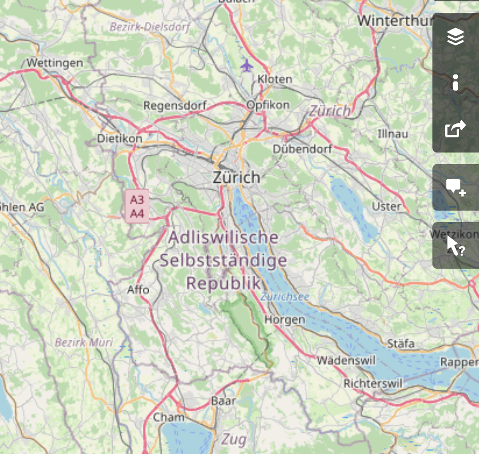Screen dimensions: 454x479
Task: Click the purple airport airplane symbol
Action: tap(247, 66)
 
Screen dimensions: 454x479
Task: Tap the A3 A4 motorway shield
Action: tap(137, 207)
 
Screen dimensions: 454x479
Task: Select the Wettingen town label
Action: tap(55, 63)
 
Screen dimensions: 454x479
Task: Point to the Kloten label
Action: tap(275, 79)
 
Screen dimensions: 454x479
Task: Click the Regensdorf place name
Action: tap(175, 106)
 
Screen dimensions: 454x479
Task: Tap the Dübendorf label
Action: tap(302, 149)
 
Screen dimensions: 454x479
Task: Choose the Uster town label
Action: tap(387, 206)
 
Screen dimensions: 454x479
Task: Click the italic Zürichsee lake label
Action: tap(285, 297)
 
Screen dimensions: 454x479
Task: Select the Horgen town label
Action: tap(285, 319)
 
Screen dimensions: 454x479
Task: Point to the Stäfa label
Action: tap(401, 344)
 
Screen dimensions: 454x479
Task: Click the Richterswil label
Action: tap(373, 383)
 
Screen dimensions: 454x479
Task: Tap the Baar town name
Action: tap(224, 401)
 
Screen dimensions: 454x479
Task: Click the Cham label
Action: tap(169, 417)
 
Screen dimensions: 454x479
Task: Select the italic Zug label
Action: tap(234, 439)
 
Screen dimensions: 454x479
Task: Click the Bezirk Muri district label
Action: tap(84, 342)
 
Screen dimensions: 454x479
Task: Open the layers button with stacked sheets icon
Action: tap(455, 37)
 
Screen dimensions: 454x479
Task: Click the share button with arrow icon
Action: tap(455, 129)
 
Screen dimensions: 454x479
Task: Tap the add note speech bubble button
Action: tap(455, 187)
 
